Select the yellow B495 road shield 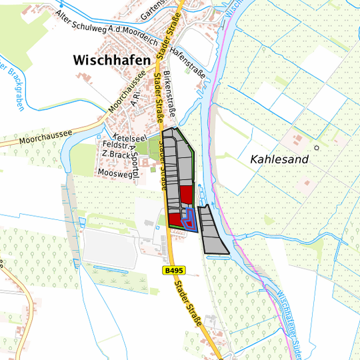click(173, 271)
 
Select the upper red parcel click(186, 194)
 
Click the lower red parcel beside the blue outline click(175, 220)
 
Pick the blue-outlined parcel click(190, 219)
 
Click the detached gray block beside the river click(213, 231)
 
